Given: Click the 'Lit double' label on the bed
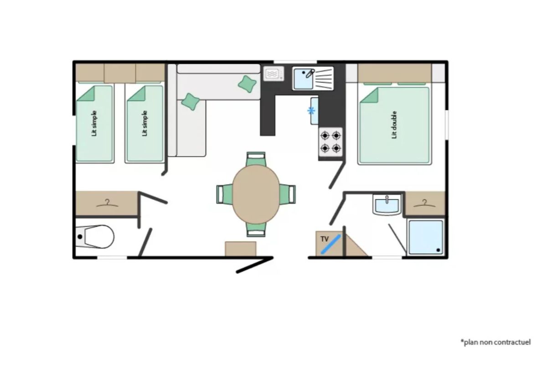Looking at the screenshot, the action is pyautogui.click(x=394, y=125).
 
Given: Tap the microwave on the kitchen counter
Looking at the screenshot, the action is pyautogui.click(x=274, y=73).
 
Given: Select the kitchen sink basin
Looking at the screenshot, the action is pyautogui.click(x=304, y=79).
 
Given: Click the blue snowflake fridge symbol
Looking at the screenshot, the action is pyautogui.click(x=311, y=111).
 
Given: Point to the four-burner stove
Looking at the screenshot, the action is pyautogui.click(x=330, y=142).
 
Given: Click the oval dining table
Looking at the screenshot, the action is pyautogui.click(x=256, y=194).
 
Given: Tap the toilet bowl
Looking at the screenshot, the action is pyautogui.click(x=95, y=237).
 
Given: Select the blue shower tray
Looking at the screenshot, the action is pyautogui.click(x=426, y=237).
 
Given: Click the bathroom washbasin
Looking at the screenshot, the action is pyautogui.click(x=387, y=205).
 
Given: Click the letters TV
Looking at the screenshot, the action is pyautogui.click(x=325, y=239).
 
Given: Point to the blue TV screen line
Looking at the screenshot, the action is pyautogui.click(x=330, y=244).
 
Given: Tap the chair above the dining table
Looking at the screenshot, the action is pyautogui.click(x=256, y=159).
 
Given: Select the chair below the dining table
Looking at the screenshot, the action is pyautogui.click(x=256, y=230).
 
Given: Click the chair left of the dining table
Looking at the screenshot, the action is pyautogui.click(x=224, y=194).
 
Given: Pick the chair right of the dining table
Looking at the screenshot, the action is pyautogui.click(x=288, y=194).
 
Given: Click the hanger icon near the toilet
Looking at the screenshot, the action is pyautogui.click(x=107, y=203).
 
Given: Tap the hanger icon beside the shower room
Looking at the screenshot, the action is pyautogui.click(x=424, y=203).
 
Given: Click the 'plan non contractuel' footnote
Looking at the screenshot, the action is pyautogui.click(x=496, y=342).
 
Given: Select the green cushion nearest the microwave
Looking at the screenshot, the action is pyautogui.click(x=247, y=84).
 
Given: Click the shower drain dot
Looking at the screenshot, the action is pyautogui.click(x=438, y=250).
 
